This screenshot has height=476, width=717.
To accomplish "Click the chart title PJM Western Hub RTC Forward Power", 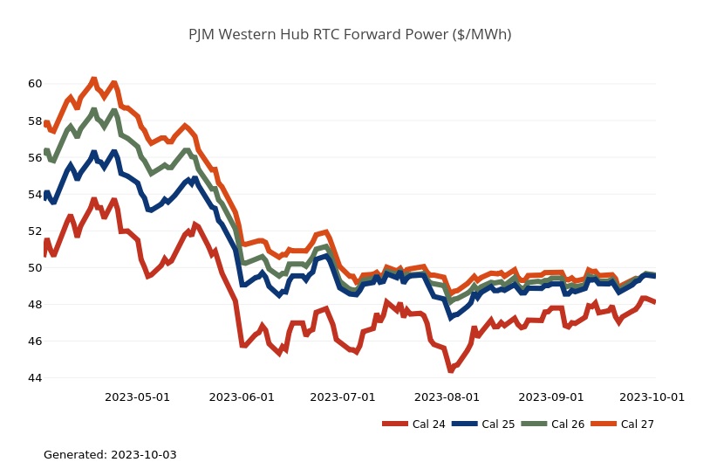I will tap(350, 35).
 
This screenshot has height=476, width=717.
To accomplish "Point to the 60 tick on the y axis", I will tap(35, 84).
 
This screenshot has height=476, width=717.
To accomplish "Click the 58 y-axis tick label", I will tap(35, 121).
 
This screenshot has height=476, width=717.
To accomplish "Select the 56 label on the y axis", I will tap(35, 157).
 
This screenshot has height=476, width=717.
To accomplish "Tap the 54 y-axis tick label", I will tap(35, 194).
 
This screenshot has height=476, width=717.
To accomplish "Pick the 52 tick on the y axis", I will tap(35, 231).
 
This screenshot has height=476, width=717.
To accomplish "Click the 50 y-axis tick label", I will tap(35, 268).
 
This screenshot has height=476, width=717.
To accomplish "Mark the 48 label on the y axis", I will tap(35, 305).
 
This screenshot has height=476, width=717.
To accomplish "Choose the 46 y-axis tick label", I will tap(35, 341).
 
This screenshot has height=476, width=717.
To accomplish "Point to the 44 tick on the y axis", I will tap(35, 378).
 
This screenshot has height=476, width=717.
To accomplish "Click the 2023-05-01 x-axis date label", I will tap(137, 397).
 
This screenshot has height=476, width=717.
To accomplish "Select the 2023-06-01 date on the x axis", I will tap(242, 397).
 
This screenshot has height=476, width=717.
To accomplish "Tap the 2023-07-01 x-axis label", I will tap(343, 397).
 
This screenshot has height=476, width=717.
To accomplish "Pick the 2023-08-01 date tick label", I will tap(447, 397).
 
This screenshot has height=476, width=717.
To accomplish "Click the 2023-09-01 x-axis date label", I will tap(551, 397).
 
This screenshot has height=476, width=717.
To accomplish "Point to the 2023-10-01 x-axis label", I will tap(652, 397).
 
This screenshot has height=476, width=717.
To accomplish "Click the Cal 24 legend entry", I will tap(414, 424).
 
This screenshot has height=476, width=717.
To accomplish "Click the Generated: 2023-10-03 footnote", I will tap(110, 455).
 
